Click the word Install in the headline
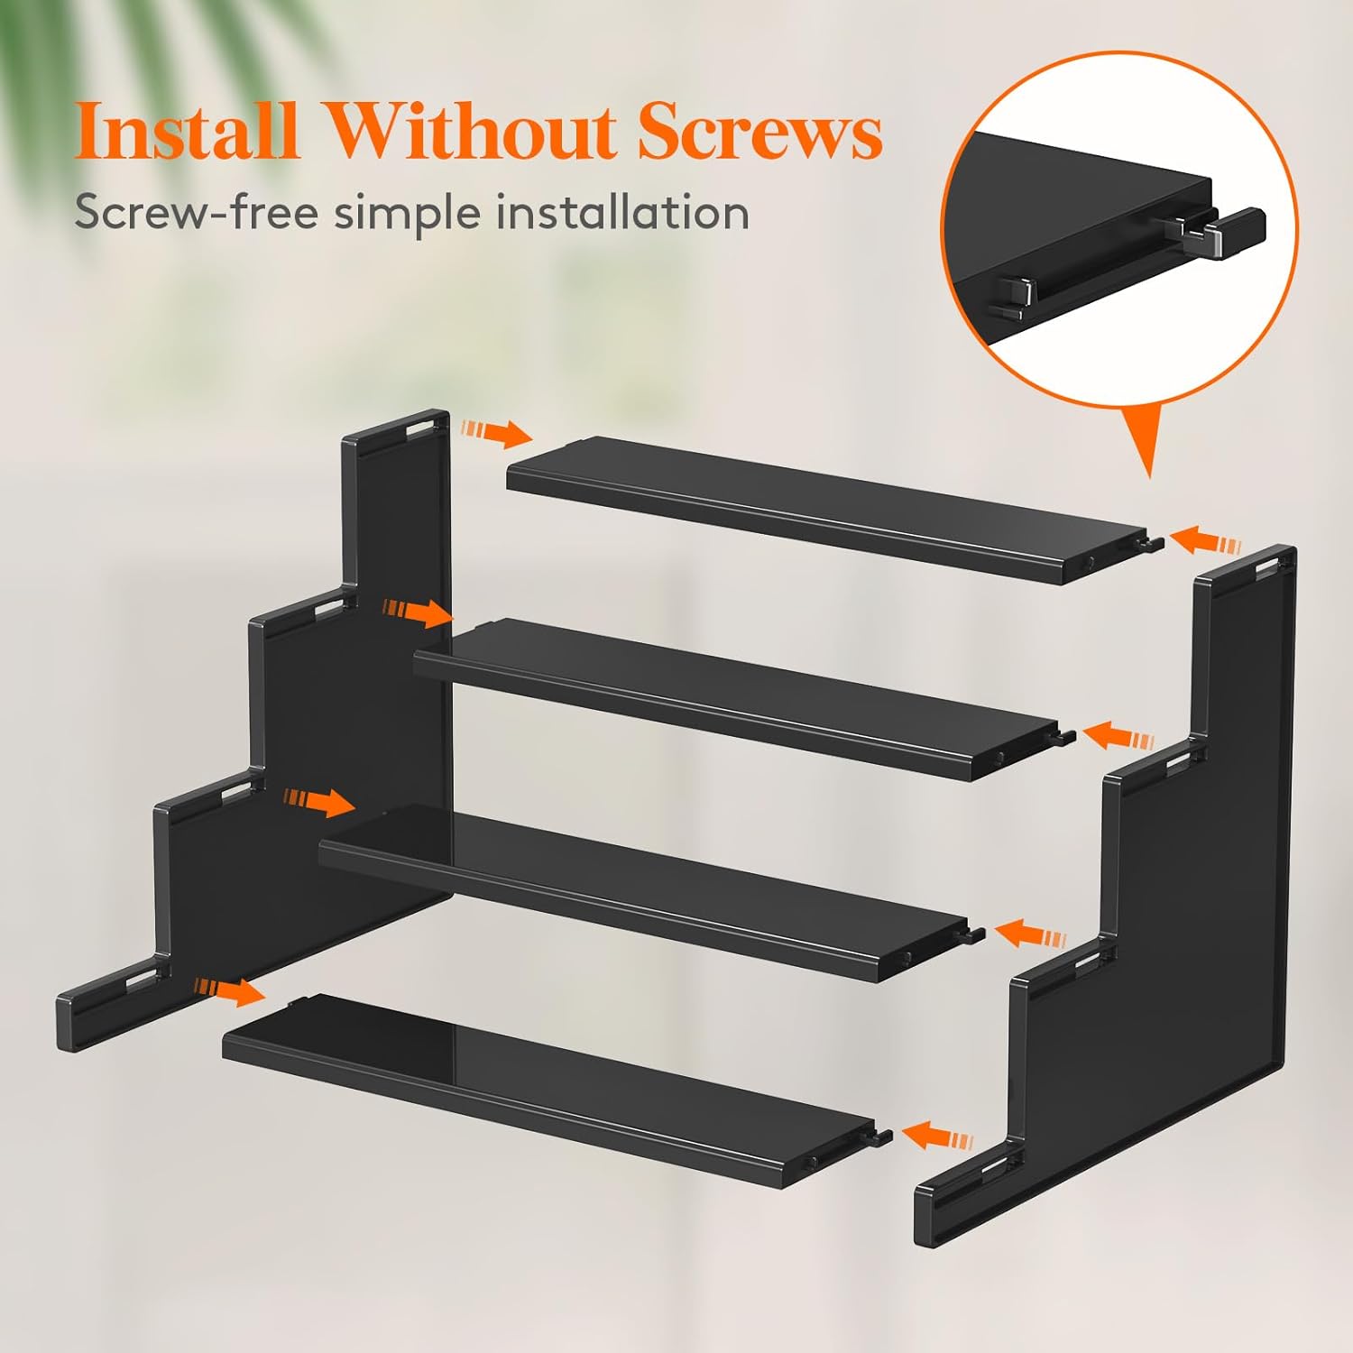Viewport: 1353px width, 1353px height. coord(186,132)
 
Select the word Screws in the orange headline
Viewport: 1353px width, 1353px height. coord(759,132)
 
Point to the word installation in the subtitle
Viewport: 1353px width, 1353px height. coord(622,213)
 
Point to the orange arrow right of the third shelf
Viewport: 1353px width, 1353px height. coord(1029,933)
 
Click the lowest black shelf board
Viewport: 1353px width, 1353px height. coord(550,1091)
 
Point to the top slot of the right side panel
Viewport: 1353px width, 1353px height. coord(1266,566)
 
